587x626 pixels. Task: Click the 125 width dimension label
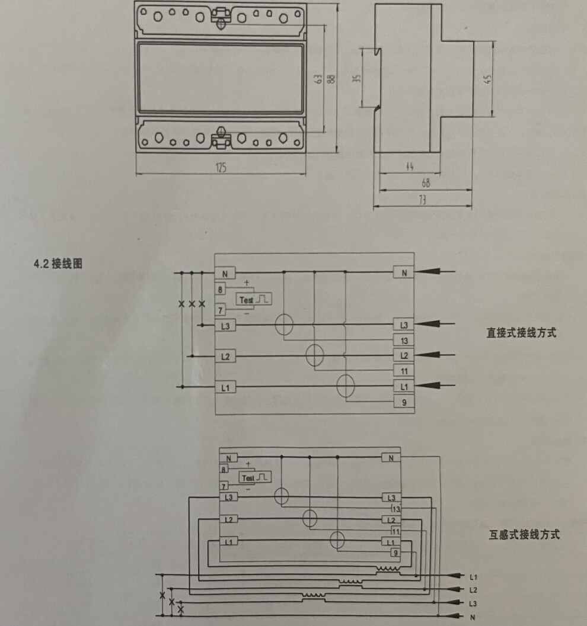click(221, 168)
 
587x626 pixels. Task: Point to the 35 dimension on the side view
click(356, 78)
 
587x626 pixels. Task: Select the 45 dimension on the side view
click(488, 79)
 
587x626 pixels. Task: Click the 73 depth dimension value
click(423, 201)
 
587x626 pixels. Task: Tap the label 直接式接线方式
click(521, 333)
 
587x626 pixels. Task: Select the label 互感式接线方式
click(524, 535)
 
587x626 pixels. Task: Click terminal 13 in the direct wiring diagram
click(404, 341)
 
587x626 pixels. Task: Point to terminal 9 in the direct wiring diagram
click(404, 403)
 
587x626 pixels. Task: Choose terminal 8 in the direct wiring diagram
click(221, 290)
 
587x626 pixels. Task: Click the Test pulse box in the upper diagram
click(254, 300)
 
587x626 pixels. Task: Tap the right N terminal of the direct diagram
click(404, 273)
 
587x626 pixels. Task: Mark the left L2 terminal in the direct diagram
click(225, 357)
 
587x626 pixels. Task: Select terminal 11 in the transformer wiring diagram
click(395, 531)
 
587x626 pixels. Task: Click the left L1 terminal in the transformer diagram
click(228, 542)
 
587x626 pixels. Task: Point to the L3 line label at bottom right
click(473, 603)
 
